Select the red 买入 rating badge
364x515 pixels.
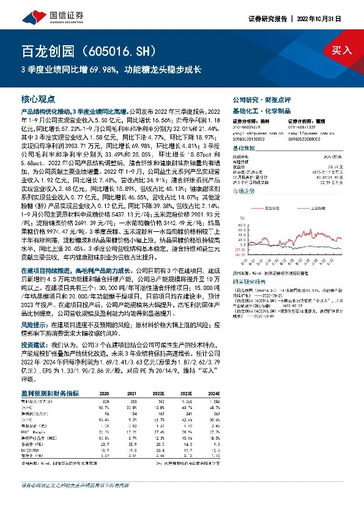[x=342, y=50]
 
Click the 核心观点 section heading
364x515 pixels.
[x=38, y=98]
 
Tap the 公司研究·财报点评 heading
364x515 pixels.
[x=254, y=98]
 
